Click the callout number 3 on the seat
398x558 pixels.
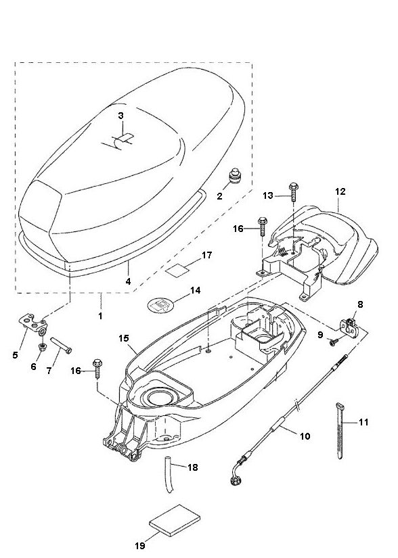click(x=120, y=116)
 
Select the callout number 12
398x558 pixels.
click(x=340, y=192)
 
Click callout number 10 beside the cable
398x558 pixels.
click(x=305, y=437)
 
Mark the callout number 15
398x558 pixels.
click(x=123, y=337)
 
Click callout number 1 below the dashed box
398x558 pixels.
click(x=101, y=316)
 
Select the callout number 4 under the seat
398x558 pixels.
click(x=128, y=279)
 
